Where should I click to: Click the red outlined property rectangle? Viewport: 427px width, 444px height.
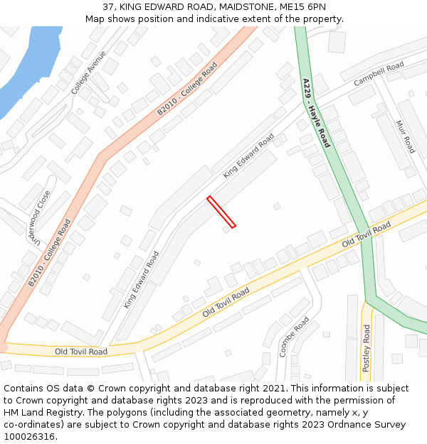click(x=221, y=212)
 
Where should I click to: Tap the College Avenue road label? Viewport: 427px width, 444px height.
click(x=88, y=72)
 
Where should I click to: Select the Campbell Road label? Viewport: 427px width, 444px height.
click(x=379, y=74)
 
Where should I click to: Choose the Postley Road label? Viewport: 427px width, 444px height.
click(x=367, y=348)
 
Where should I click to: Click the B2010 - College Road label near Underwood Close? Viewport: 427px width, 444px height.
click(x=50, y=252)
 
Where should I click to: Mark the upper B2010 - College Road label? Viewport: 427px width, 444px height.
click(x=187, y=90)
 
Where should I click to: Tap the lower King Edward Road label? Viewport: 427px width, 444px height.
click(x=141, y=279)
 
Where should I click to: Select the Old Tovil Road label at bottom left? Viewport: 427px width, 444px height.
click(x=81, y=352)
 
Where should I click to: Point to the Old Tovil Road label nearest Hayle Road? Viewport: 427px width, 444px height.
click(x=367, y=234)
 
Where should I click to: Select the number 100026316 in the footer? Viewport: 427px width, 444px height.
click(x=29, y=436)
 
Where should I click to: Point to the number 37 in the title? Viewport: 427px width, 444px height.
click(x=109, y=6)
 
